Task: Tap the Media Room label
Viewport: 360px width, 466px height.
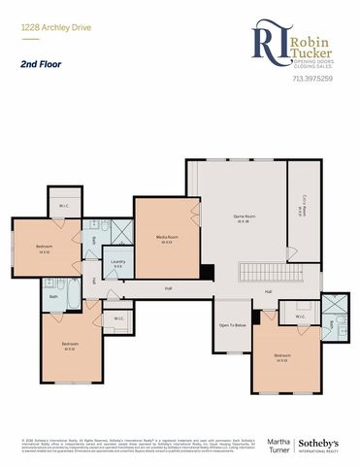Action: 166,238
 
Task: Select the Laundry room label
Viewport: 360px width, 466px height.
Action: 116,262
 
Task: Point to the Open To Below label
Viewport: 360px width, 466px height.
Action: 233,324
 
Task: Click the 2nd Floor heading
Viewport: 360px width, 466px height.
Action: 36,65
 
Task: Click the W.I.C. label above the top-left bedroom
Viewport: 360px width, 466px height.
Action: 64,206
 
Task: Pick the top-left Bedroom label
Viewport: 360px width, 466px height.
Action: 45,248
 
